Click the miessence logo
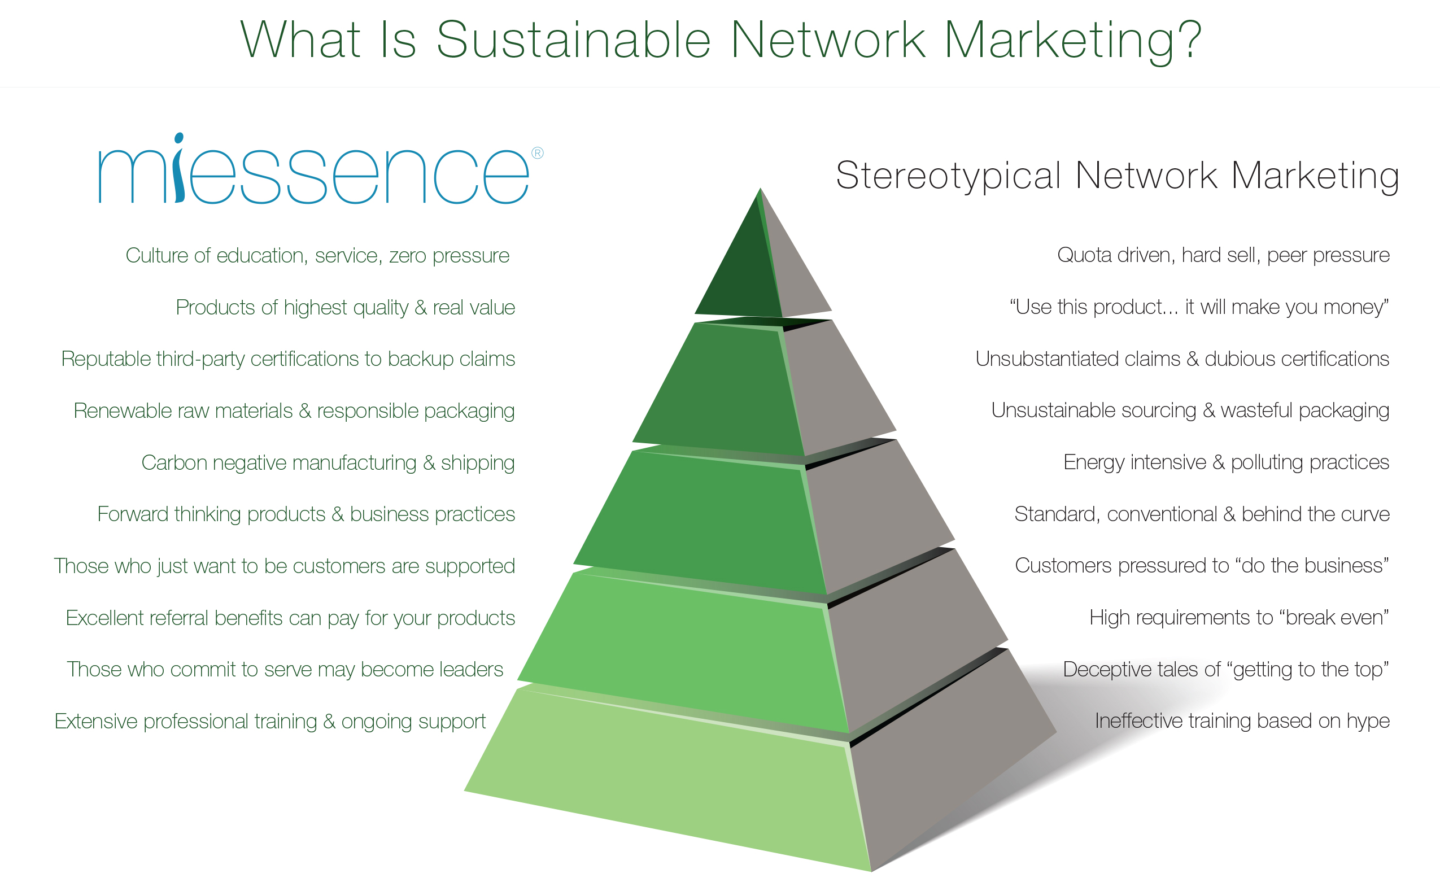[321, 169]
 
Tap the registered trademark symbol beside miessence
[538, 153]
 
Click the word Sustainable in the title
[573, 40]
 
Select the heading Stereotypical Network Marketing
[1117, 176]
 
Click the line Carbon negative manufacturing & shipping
[328, 463]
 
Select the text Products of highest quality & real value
[345, 308]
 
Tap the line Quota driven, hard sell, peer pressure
[1223, 256]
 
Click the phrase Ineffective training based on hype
[1242, 721]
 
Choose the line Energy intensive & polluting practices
[1226, 462]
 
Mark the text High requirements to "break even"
[1239, 618]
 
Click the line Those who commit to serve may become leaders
[285, 670]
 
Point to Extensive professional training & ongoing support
[270, 722]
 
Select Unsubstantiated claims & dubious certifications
[1182, 359]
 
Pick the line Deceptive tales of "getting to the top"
[1226, 670]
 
